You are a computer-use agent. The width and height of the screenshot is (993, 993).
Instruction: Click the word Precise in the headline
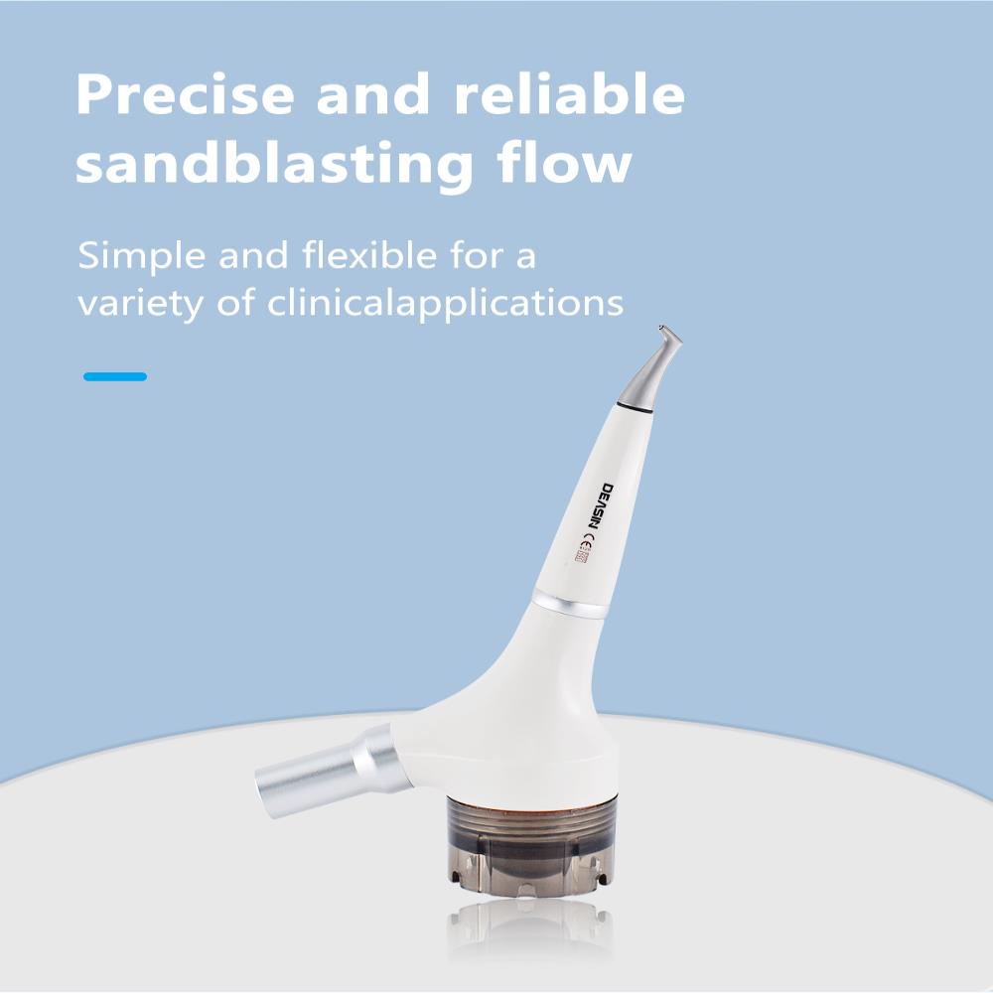point(186,94)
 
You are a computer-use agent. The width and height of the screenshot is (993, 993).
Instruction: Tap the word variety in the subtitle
point(141,304)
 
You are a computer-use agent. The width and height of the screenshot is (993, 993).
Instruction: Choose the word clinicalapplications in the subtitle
point(445,304)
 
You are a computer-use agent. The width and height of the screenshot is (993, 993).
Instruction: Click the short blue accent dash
point(115,376)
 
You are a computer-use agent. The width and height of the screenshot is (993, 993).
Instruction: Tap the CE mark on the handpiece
point(587,542)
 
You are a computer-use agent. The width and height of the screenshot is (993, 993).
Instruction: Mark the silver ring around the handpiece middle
point(570,604)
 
